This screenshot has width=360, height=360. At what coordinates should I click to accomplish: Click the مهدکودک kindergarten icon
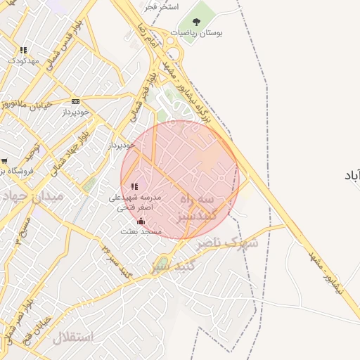point(23,50)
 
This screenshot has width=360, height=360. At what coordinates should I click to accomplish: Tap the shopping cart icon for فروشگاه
point(4,161)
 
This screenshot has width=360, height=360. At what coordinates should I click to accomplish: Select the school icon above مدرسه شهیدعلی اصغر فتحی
point(134,186)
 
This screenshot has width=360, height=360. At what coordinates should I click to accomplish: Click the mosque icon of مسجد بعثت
point(141,221)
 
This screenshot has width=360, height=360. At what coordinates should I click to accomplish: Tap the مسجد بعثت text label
point(141,231)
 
